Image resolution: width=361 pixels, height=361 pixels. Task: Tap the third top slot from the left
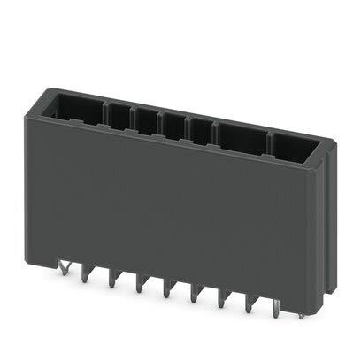pyautogui.click(x=145, y=119)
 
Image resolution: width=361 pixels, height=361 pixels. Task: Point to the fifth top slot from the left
pyautogui.click(x=200, y=128)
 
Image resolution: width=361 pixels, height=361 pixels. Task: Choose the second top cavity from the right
pyautogui.click(x=239, y=134)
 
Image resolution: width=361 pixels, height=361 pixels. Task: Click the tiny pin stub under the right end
pyautogui.click(x=299, y=313)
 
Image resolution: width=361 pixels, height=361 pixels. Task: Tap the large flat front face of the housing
pyautogui.click(x=177, y=212)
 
